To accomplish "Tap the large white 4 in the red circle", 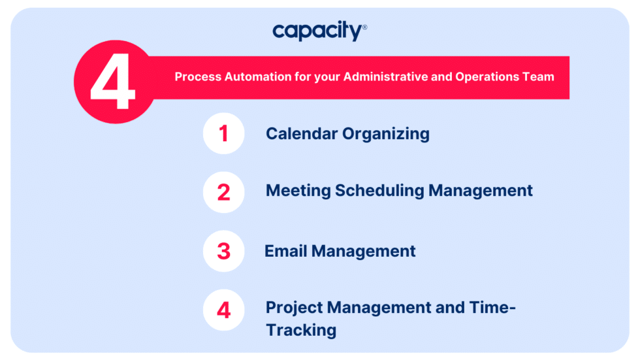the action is (112, 82).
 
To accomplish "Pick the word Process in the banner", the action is (198, 76).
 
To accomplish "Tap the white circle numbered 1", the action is (223, 133).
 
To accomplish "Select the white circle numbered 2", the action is (223, 192).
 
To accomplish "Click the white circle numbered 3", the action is (223, 251).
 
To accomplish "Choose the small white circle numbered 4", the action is (223, 310).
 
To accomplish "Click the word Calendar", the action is (302, 133).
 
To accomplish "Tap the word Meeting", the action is (298, 191).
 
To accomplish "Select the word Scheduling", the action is (379, 191).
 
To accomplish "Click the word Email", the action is (286, 251).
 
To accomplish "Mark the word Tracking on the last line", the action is (301, 330).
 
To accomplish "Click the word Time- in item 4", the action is (492, 307).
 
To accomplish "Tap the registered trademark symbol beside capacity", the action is (364, 27).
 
